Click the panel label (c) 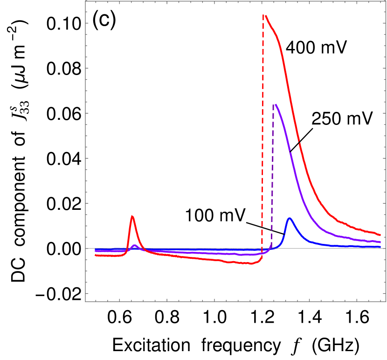(103, 21)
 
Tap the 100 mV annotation (215, 215)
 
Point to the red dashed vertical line (263, 140)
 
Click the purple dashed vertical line (272, 177)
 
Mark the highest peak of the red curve (265, 15)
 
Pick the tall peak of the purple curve (276, 104)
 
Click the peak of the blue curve (290, 218)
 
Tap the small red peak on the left (132, 216)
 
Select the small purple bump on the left (134, 245)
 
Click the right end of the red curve (381, 234)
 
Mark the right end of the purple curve (381, 242)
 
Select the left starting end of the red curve (96, 255)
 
